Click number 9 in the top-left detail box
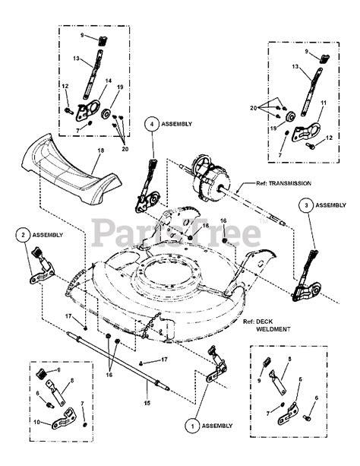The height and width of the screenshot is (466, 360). pos(84,35)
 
